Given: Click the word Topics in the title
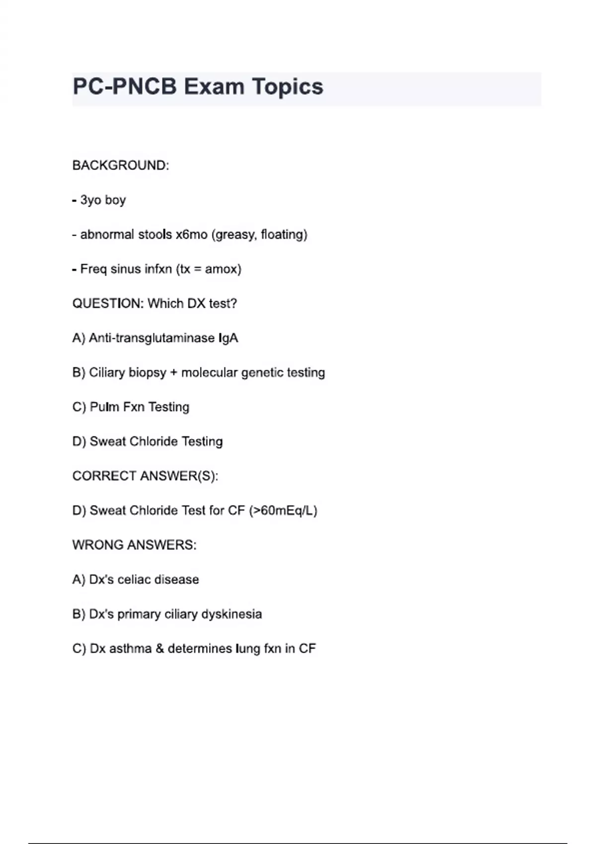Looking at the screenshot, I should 288,87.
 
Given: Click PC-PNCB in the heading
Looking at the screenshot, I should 125,87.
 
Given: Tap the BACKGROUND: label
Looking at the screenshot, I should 121,165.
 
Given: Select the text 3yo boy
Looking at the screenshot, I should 103,200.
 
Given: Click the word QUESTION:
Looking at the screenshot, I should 108,303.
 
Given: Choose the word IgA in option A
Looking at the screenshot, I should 228,338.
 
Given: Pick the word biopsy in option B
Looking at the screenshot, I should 148,372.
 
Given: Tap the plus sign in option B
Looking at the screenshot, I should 173,373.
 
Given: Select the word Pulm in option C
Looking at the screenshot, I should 104,407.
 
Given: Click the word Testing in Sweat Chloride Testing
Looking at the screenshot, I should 202,441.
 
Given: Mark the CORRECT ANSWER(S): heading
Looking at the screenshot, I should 145,476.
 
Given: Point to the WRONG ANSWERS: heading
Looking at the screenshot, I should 134,545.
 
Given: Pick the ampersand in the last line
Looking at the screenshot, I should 159,648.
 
